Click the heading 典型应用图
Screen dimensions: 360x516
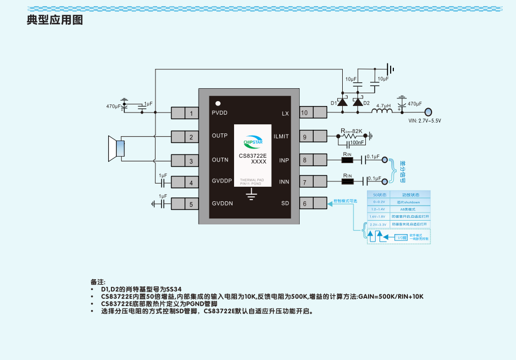coord(54,20)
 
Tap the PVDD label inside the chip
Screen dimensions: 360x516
coord(220,113)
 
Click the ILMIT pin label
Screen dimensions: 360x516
coord(281,137)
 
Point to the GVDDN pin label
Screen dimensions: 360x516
coord(222,203)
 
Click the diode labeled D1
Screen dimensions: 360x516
coord(342,103)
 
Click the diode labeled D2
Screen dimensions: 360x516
coord(357,103)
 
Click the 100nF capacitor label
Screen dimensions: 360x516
coord(357,143)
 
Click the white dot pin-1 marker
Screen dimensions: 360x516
coord(218,102)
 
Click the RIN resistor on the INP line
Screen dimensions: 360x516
coord(348,160)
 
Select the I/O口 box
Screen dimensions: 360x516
coord(401,237)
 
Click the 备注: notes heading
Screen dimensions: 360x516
coord(98,281)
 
